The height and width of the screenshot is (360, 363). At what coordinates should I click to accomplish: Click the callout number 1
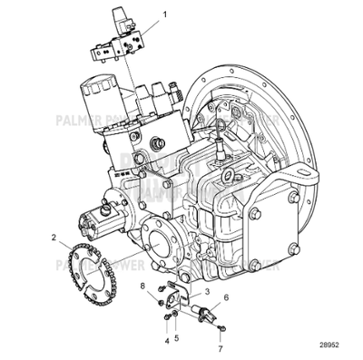[x=164, y=15]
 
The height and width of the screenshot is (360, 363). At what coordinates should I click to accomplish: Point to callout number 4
[x=166, y=342]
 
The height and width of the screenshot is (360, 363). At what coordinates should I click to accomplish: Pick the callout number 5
[x=178, y=337]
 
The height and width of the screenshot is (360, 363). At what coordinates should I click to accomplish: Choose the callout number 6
[x=226, y=298]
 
